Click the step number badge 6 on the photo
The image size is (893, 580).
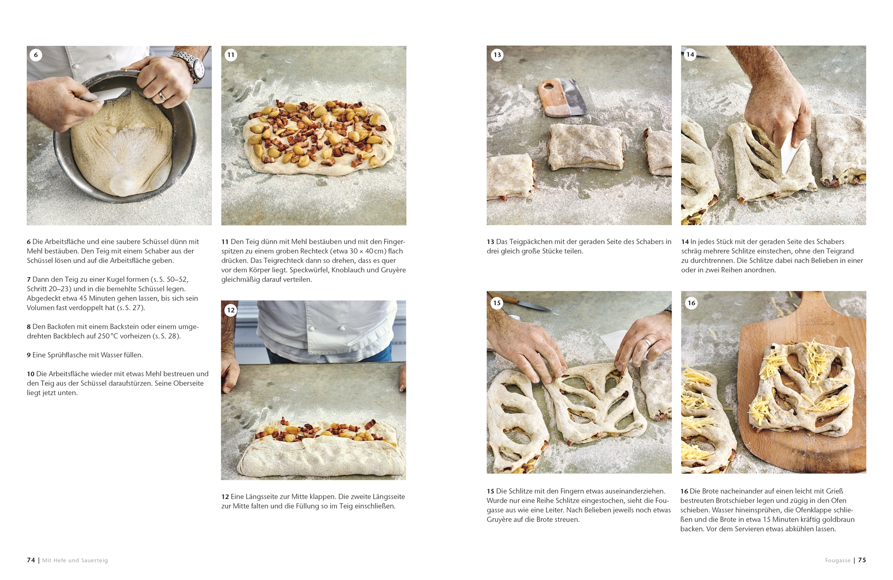[36, 55]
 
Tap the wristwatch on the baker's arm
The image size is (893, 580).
[192, 66]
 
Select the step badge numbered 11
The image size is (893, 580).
[231, 55]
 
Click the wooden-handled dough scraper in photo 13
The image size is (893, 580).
[562, 97]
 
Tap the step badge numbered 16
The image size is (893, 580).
[691, 303]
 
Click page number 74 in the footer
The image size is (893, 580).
[31, 560]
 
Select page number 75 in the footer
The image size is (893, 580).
[862, 560]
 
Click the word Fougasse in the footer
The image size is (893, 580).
[838, 561]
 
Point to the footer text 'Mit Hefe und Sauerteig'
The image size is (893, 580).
[75, 561]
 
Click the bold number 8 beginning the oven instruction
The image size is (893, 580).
[29, 327]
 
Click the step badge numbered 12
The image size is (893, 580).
[231, 310]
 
